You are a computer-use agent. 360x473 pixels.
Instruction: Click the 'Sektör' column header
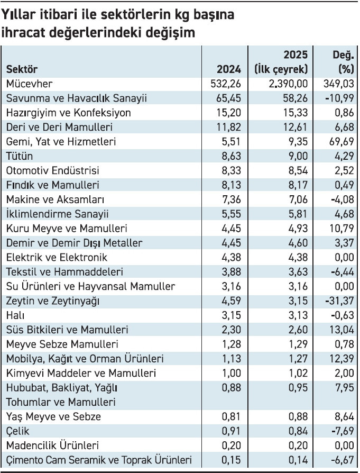tap(22, 69)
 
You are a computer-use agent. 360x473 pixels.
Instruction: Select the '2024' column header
tap(229, 69)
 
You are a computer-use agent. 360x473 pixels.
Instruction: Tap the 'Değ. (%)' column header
tap(343, 62)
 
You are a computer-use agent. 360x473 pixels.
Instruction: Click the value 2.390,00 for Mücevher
tap(288, 84)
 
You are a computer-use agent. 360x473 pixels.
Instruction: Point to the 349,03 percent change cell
tap(339, 84)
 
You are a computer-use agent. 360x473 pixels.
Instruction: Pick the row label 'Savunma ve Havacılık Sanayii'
tap(77, 98)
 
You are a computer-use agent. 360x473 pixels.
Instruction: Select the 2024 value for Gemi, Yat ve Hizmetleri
tap(231, 141)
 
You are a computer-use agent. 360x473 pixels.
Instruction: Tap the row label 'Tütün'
tap(20, 156)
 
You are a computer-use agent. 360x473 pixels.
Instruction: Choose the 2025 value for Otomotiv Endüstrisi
tap(298, 170)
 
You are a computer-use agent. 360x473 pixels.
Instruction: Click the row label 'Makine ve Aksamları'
tap(56, 199)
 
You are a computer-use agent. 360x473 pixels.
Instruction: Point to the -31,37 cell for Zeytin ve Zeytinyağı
tap(340, 301)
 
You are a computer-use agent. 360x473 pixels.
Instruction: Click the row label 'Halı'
tap(15, 315)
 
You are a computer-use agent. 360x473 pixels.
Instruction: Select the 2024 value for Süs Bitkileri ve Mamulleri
tap(231, 330)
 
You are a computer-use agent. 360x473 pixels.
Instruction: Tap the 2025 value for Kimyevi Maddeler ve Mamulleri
tap(298, 373)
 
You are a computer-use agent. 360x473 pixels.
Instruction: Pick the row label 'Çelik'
tap(18, 431)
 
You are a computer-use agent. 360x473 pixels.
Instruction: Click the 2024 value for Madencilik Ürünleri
tap(231, 445)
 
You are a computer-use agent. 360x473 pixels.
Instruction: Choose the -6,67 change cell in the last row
tap(343, 460)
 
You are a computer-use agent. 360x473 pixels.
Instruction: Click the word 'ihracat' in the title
tap(23, 32)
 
